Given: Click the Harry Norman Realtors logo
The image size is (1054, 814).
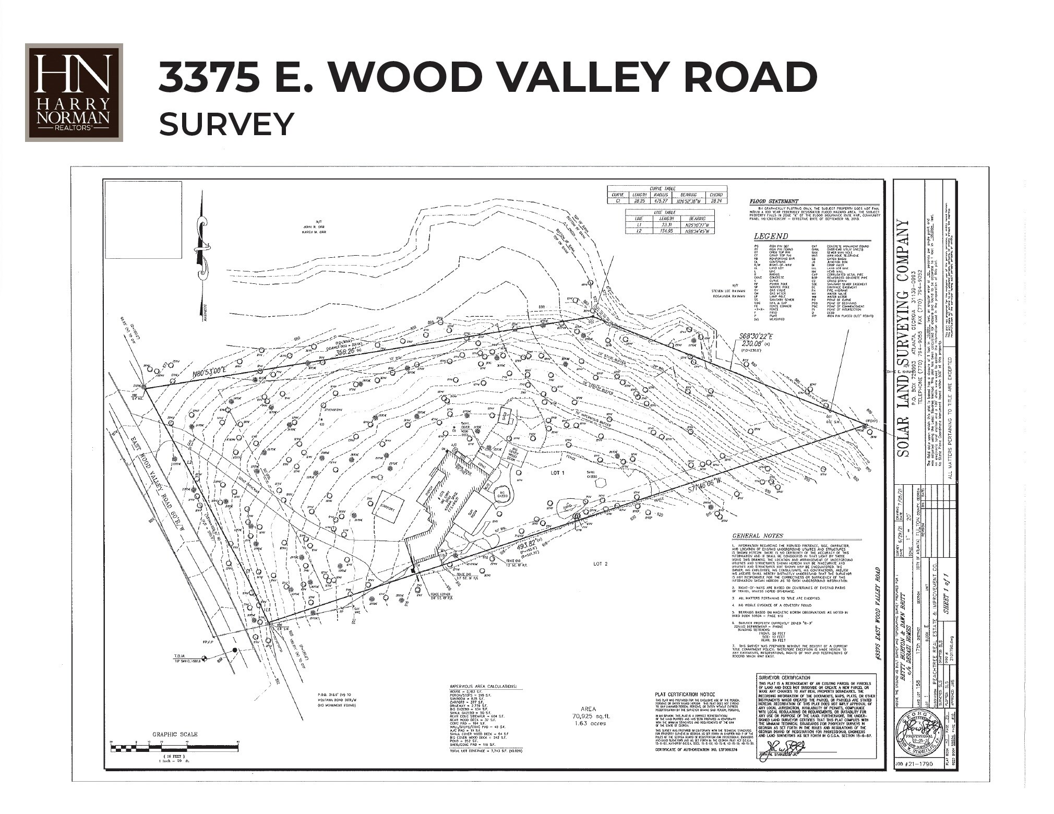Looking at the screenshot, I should pos(74,92).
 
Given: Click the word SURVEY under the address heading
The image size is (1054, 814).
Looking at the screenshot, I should pos(226,124).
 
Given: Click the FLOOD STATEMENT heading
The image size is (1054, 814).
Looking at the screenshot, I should pos(774,201).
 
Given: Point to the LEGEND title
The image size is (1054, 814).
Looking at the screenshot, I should pos(771,236).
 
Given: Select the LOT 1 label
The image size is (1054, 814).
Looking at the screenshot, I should pos(557,473).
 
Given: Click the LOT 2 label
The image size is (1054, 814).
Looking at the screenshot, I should pos(600,564).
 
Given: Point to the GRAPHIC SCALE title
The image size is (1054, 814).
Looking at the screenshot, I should pos(175,735).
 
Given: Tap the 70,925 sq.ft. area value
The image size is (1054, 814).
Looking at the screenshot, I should pos(585,718).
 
